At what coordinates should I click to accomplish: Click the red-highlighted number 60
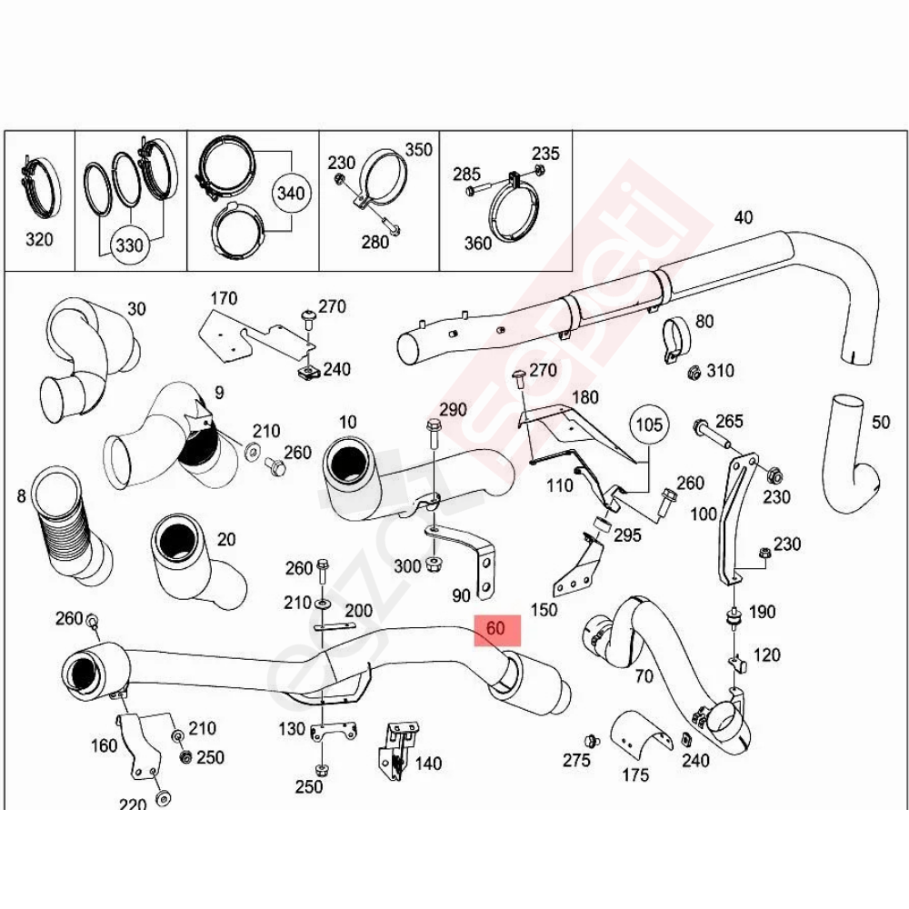coord(495,629)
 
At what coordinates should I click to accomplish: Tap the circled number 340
coord(291,193)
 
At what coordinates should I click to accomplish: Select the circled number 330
coord(129,245)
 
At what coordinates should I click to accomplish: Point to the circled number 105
coord(649,425)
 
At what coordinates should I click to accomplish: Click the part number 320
coord(39,239)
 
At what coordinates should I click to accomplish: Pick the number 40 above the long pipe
coord(744,217)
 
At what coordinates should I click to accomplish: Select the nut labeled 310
coord(694,372)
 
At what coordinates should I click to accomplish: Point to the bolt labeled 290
coord(434,435)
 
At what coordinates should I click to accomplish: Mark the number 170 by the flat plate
coord(224,298)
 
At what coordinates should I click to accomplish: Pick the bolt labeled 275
coord(592,740)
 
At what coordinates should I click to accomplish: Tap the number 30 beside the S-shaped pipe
coord(136,308)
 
